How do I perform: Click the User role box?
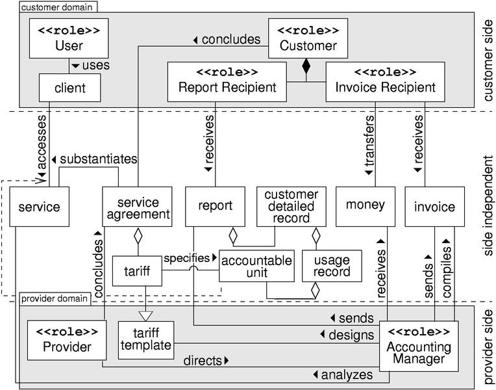[x=69, y=39]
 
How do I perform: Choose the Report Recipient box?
[x=227, y=81]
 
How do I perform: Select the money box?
[x=364, y=206]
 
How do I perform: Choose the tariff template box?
[x=145, y=340]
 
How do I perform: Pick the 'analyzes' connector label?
[x=343, y=374]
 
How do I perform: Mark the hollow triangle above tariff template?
[x=145, y=315]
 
